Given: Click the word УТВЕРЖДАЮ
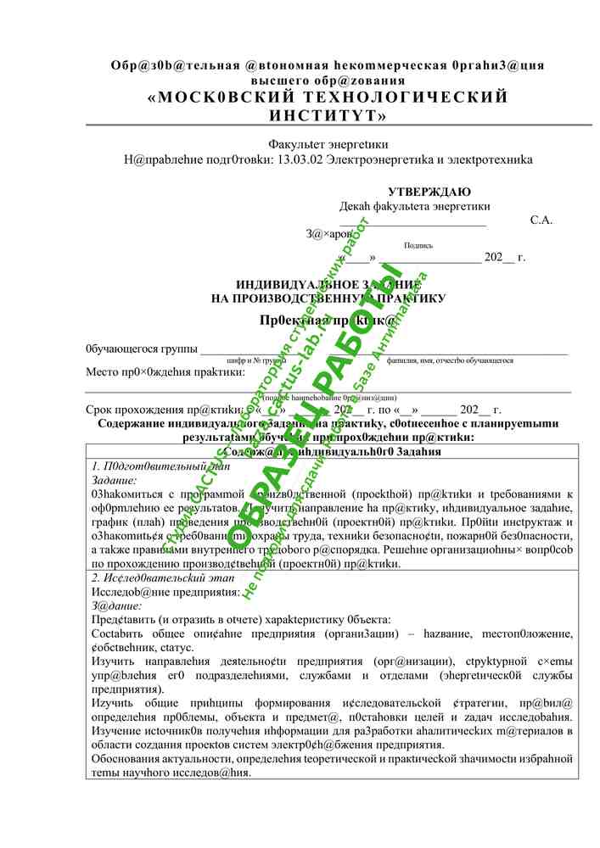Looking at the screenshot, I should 429,192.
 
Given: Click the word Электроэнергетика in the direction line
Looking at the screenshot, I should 378,159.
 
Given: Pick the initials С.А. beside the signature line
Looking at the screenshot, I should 541,220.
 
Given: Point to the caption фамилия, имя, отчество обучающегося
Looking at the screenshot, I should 450,360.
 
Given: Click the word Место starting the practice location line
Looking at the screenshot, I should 102,371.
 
